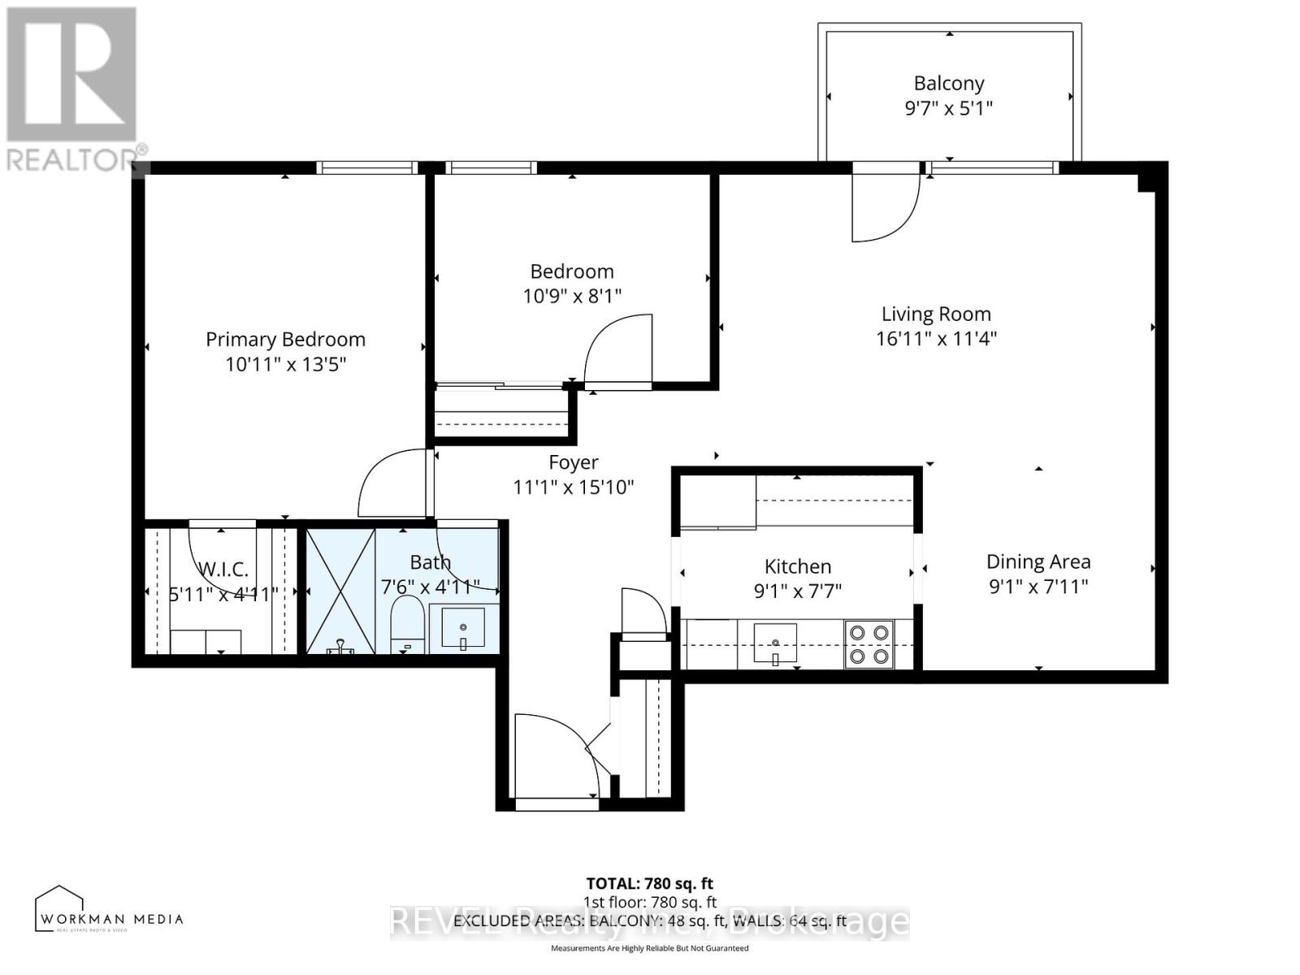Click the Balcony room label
[x=948, y=84]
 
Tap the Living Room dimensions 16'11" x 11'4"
[x=936, y=339]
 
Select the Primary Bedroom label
[x=285, y=340]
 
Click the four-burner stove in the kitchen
[x=869, y=643]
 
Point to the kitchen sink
[x=775, y=643]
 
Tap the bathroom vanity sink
[x=463, y=628]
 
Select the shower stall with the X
[x=340, y=591]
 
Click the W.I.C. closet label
[x=223, y=570]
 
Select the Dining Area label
[x=1038, y=561]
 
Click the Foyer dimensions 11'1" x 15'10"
[x=573, y=487]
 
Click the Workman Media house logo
[x=59, y=908]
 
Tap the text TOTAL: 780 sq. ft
[x=649, y=883]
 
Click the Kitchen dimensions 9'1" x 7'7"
[x=797, y=591]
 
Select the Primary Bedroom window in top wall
[x=366, y=168]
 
